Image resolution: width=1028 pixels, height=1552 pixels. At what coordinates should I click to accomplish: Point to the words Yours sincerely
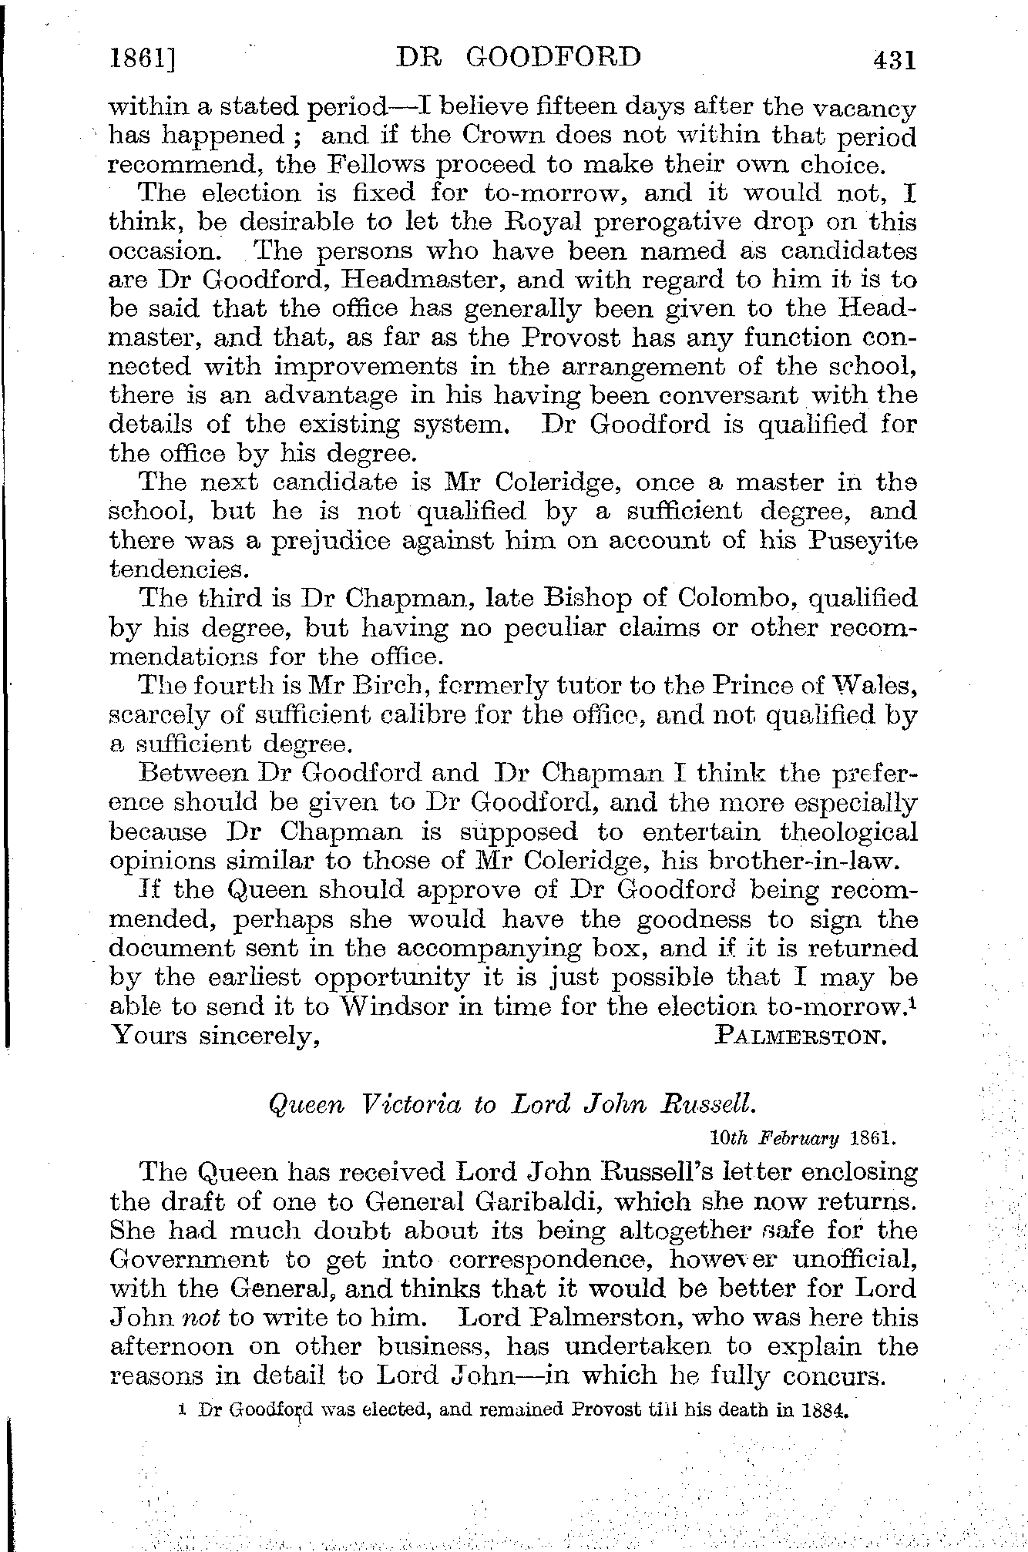coord(216,1036)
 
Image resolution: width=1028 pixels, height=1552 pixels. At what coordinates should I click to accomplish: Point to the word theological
coord(848,832)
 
